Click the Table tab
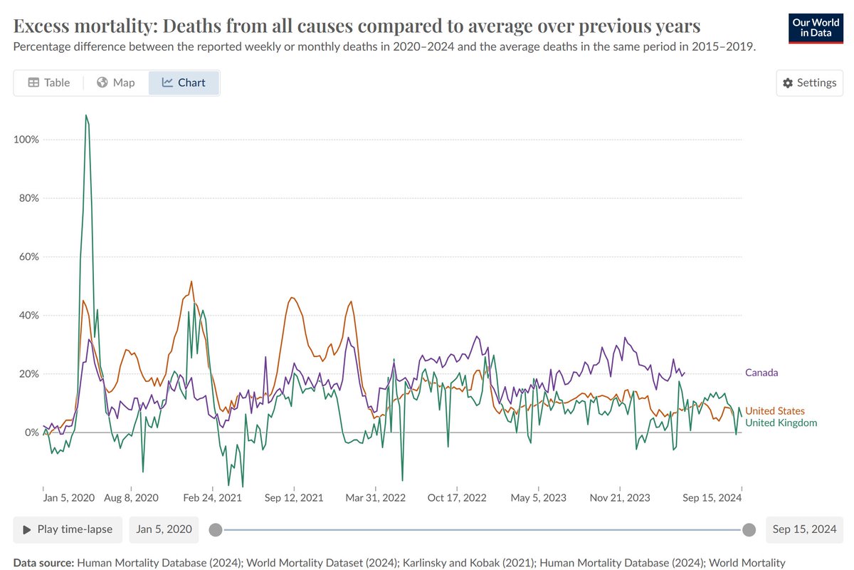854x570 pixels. coord(48,83)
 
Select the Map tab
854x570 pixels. coord(115,83)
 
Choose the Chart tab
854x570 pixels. coord(184,83)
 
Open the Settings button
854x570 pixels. coord(809,83)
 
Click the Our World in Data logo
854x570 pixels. coord(815,27)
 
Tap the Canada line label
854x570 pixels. coord(761,373)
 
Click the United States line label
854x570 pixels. coord(774,411)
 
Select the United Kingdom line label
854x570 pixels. coord(781,423)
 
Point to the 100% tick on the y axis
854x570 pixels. coord(26,139)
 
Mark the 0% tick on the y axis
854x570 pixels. coord(31,432)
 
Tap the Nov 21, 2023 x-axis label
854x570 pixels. coord(620,497)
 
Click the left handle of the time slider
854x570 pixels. coord(216,529)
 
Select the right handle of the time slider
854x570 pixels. coord(749,529)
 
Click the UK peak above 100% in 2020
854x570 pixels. coord(86,115)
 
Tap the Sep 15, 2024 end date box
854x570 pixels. coord(804,529)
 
